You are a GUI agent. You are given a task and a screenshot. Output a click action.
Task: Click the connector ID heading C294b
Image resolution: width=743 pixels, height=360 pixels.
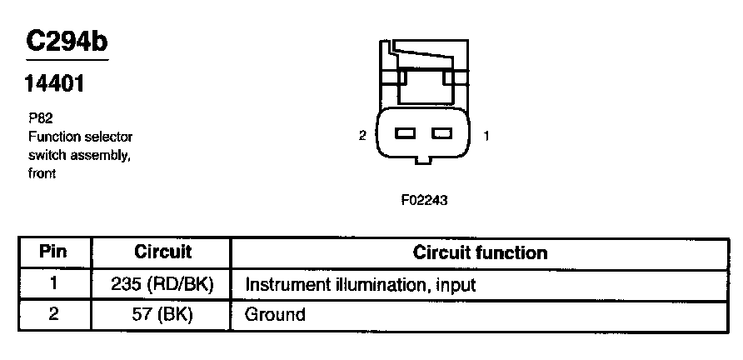click(67, 42)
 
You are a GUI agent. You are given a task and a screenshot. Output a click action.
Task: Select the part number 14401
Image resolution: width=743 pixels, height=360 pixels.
click(56, 84)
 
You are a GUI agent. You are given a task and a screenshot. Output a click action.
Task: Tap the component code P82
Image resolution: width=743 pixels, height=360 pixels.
click(41, 119)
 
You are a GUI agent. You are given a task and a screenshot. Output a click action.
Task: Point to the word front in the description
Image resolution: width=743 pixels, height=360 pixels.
click(42, 173)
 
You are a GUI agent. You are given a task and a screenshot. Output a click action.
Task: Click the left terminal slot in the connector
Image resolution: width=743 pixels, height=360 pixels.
click(406, 134)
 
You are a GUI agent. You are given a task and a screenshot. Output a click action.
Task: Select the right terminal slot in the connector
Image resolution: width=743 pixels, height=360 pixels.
click(441, 134)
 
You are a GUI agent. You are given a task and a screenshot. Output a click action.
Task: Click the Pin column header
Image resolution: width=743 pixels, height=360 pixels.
click(53, 252)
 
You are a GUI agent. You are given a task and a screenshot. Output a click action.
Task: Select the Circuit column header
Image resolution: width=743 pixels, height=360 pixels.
click(162, 252)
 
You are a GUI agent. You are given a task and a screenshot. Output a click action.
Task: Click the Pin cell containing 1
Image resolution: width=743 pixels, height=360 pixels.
click(53, 283)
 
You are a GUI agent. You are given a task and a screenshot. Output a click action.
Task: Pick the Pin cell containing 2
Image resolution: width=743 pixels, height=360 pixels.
click(53, 314)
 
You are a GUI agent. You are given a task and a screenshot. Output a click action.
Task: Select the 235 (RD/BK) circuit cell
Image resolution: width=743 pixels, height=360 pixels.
click(162, 283)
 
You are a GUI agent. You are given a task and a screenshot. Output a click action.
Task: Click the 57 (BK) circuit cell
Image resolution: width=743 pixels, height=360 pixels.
click(162, 314)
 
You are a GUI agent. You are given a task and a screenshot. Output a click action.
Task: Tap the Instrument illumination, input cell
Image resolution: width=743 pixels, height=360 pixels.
click(360, 284)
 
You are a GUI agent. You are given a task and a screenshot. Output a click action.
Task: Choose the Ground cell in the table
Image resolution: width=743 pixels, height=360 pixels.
click(275, 315)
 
